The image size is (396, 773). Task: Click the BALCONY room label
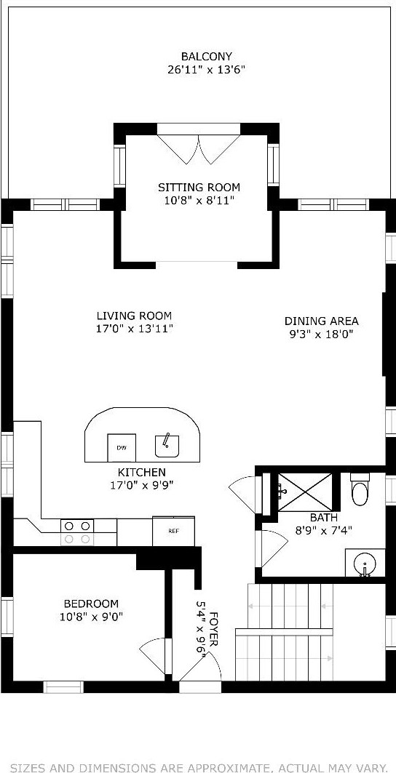pyautogui.click(x=207, y=57)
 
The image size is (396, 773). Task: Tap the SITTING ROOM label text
pyautogui.click(x=199, y=188)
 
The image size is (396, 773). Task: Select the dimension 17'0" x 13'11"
pyautogui.click(x=134, y=329)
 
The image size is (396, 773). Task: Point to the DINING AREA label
pyautogui.click(x=322, y=321)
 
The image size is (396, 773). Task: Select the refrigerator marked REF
pyautogui.click(x=173, y=531)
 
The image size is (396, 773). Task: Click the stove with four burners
pyautogui.click(x=77, y=532)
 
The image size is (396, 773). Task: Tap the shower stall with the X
pyautogui.click(x=305, y=492)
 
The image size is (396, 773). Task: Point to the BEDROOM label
pyautogui.click(x=91, y=604)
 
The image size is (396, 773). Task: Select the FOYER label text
pyautogui.click(x=214, y=630)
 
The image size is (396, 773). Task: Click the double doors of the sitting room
pyautogui.click(x=199, y=148)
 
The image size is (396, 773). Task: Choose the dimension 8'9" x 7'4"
pyautogui.click(x=324, y=531)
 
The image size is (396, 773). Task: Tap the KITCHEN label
pyautogui.click(x=141, y=472)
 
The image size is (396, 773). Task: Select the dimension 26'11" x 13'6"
pyautogui.click(x=207, y=70)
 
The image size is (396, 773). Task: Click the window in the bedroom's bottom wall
pyautogui.click(x=63, y=686)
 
